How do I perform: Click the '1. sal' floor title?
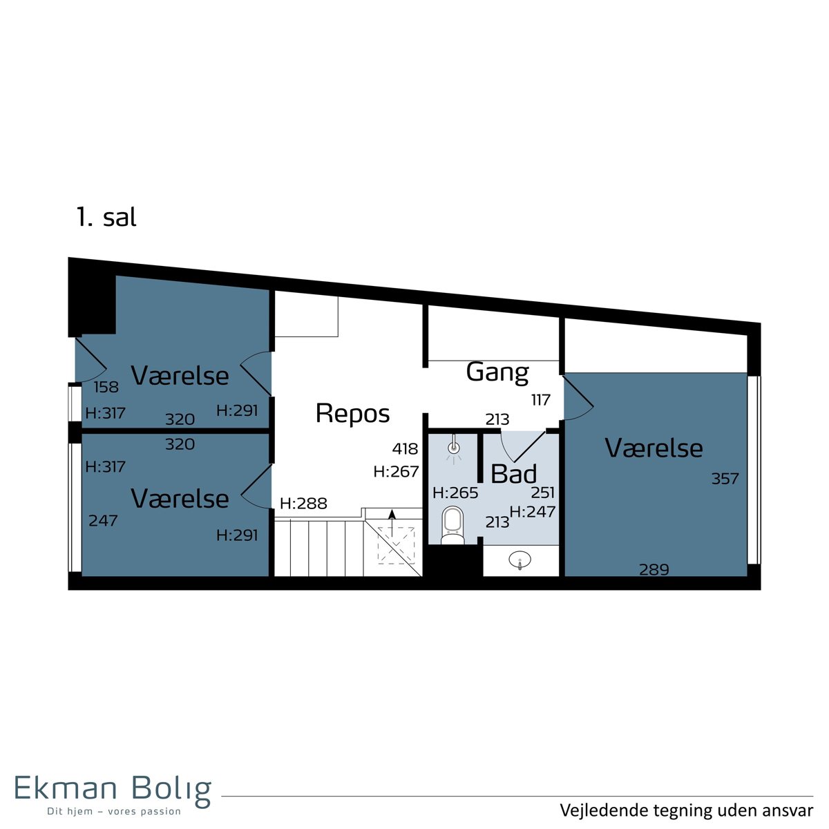(x=106, y=217)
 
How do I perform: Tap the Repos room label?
(x=352, y=414)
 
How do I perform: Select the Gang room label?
(x=497, y=372)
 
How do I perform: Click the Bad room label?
(x=514, y=474)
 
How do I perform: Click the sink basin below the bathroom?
(x=520, y=560)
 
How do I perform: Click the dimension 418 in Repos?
(x=405, y=449)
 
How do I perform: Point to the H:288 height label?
(x=303, y=503)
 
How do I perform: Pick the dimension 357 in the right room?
(x=725, y=478)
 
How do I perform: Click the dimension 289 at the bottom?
(x=654, y=569)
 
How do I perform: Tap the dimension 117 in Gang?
(x=541, y=400)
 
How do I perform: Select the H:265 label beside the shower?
(x=455, y=493)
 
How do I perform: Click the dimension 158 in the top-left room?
(x=106, y=387)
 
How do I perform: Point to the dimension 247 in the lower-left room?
(x=103, y=521)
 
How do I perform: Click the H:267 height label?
(x=396, y=472)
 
